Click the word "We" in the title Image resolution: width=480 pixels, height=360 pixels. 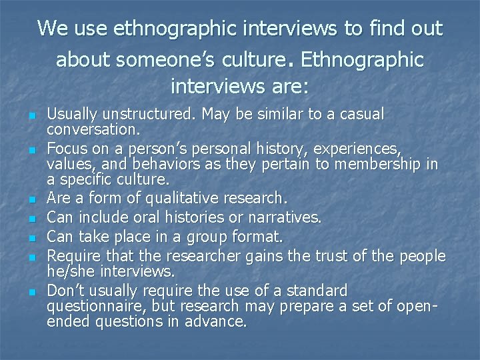point(51,29)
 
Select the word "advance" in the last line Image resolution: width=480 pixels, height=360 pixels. point(220,321)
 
